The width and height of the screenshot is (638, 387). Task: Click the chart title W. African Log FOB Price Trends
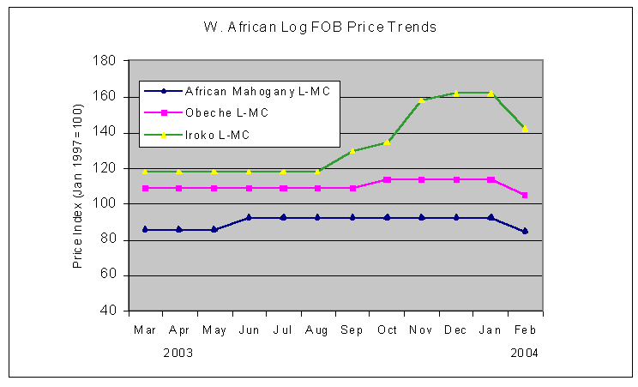tap(320, 27)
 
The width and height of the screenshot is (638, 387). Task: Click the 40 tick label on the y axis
tap(110, 311)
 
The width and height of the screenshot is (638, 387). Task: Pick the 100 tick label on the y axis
tap(106, 204)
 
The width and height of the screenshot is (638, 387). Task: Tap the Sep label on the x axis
tap(352, 330)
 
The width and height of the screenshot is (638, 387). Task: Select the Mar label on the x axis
tap(144, 330)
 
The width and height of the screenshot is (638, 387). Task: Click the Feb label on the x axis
tap(525, 330)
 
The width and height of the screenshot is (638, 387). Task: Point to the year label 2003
tap(178, 353)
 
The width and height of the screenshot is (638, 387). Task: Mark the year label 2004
tap(524, 353)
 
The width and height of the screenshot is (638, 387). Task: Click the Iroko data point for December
tap(456, 93)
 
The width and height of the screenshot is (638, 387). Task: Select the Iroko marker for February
tap(525, 129)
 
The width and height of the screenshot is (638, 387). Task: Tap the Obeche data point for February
tap(525, 195)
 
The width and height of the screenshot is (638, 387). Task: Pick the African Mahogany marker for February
tap(525, 231)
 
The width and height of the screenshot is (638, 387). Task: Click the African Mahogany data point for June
tap(249, 218)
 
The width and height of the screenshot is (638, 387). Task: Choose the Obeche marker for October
tap(387, 179)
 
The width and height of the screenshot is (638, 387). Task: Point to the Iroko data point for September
tap(352, 151)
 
